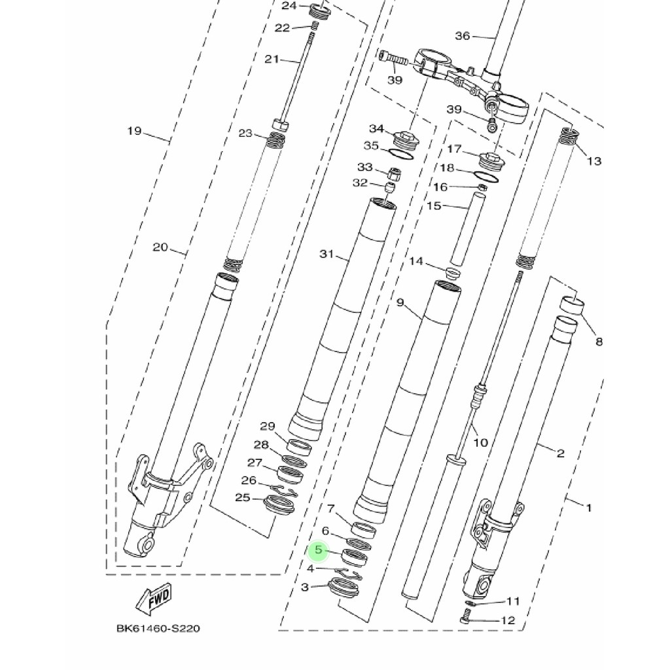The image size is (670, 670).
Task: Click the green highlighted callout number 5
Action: coord(319,550)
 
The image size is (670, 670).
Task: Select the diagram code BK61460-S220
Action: coord(158,629)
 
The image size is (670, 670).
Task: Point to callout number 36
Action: coord(463,36)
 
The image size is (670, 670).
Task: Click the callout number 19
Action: coord(134,131)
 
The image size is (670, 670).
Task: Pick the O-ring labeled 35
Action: coord(401,154)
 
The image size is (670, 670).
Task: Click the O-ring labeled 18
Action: coord(486,177)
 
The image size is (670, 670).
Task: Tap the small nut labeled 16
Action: coord(482,186)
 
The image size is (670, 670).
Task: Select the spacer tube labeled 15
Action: coord(468,230)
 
